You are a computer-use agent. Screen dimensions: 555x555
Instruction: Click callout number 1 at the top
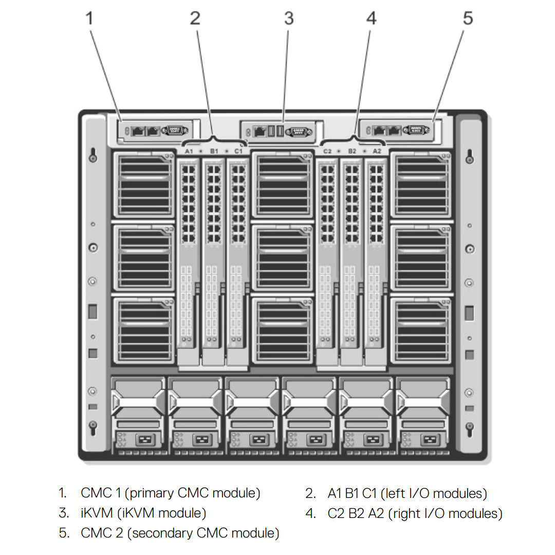pos(90,18)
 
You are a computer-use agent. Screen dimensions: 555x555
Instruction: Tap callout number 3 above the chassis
pos(289,18)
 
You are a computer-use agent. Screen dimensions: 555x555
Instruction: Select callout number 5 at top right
pos(467,18)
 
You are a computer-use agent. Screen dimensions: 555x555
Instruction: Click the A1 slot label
pos(189,151)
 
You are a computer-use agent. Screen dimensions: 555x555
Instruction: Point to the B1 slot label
pos(214,151)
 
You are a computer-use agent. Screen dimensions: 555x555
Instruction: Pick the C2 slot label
pos(327,151)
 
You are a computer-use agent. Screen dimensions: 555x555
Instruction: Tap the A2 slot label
pos(377,151)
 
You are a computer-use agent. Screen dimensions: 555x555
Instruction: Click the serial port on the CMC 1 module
pos(175,131)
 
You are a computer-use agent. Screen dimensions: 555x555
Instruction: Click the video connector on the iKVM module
pos(298,132)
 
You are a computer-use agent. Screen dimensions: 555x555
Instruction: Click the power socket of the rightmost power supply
pos(428,440)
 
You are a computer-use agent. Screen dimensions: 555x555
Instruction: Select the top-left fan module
pos(144,185)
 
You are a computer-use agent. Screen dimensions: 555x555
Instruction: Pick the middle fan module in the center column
pos(283,258)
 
